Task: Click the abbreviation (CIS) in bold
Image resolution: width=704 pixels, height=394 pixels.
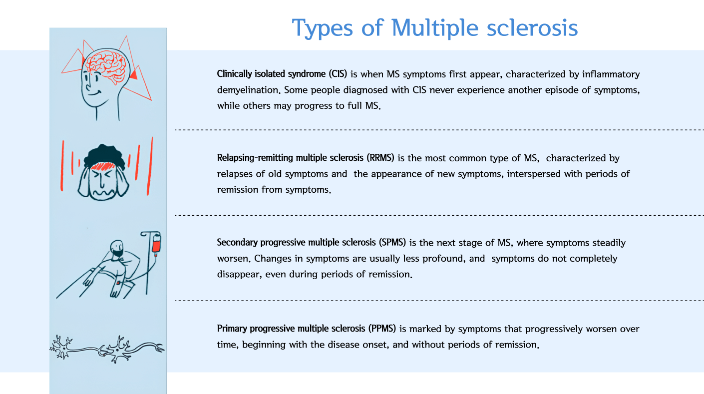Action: (x=338, y=74)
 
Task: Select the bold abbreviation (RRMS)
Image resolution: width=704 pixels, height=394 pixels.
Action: (x=380, y=157)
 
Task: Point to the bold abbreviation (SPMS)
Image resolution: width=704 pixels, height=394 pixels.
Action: (x=392, y=242)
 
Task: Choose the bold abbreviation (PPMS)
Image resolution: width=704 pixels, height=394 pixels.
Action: (x=382, y=328)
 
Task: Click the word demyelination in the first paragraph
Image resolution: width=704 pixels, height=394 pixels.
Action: (x=248, y=90)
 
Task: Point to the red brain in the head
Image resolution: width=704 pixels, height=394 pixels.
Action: (x=106, y=66)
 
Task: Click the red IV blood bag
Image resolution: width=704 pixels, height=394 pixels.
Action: (x=156, y=243)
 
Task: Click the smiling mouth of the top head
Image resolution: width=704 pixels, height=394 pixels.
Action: (x=94, y=93)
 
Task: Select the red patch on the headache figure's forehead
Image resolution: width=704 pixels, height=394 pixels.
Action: (x=103, y=166)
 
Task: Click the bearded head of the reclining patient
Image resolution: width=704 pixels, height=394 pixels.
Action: (x=117, y=248)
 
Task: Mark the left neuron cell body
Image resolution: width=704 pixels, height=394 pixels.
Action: (x=64, y=348)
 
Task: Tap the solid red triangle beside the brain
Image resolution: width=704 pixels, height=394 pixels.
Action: (x=134, y=74)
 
